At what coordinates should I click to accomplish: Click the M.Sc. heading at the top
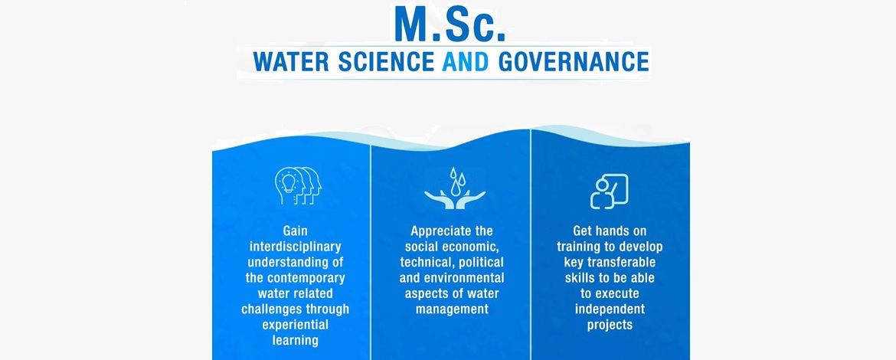click(x=451, y=23)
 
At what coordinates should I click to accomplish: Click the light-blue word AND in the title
click(x=466, y=62)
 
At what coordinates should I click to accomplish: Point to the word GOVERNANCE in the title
click(x=574, y=62)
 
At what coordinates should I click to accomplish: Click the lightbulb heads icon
click(x=298, y=185)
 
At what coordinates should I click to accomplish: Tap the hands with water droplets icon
click(x=455, y=188)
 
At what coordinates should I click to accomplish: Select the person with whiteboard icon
click(x=609, y=191)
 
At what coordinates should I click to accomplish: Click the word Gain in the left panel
click(x=295, y=231)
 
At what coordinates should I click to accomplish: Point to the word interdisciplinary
click(x=295, y=247)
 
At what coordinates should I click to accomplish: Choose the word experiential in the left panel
click(x=295, y=325)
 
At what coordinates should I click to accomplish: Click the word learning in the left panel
click(x=295, y=341)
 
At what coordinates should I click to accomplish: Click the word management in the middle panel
click(x=452, y=309)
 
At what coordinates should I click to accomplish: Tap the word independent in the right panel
click(x=610, y=309)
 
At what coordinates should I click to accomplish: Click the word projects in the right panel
click(x=610, y=325)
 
